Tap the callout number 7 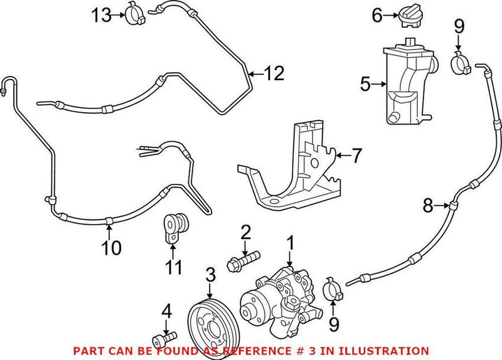pos(356,154)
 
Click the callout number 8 pos(427,204)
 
